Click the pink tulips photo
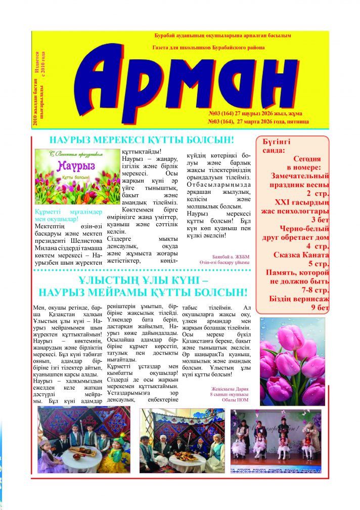[292, 361]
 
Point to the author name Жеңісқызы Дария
[230, 389]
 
